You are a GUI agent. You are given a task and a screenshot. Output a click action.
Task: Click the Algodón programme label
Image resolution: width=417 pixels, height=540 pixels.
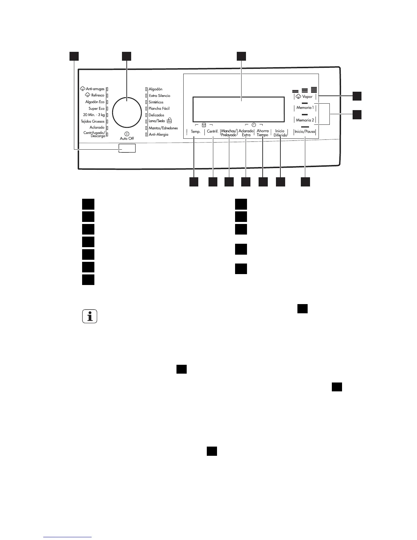click(x=155, y=89)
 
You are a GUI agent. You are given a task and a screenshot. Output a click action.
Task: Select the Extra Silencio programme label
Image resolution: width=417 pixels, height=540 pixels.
click(x=159, y=96)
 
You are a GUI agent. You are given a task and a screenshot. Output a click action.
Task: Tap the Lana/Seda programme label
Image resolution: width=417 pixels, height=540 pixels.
click(x=157, y=121)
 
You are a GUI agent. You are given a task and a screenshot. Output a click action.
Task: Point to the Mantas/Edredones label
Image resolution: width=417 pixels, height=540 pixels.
click(x=163, y=128)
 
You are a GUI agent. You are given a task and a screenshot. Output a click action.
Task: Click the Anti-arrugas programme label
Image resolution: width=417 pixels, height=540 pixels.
click(x=95, y=89)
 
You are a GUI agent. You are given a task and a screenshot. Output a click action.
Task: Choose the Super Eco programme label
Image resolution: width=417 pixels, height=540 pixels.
click(x=96, y=108)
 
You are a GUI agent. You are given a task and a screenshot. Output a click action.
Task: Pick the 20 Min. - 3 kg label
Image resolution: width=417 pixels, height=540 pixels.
click(x=94, y=115)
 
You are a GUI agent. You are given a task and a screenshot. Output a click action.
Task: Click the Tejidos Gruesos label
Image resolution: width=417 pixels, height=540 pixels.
click(x=92, y=121)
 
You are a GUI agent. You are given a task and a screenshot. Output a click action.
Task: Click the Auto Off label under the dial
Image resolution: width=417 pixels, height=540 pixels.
click(x=127, y=138)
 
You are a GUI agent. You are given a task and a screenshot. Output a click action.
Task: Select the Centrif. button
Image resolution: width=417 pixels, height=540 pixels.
click(x=213, y=131)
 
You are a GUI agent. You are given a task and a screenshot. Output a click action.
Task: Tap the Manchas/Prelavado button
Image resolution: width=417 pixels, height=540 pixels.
click(x=229, y=133)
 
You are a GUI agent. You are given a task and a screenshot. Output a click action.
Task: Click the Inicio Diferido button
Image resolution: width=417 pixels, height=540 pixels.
click(x=280, y=133)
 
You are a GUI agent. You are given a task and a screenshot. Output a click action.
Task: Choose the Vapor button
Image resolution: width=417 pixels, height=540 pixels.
click(x=305, y=96)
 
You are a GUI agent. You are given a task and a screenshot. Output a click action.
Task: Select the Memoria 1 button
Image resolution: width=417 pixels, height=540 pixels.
click(x=305, y=108)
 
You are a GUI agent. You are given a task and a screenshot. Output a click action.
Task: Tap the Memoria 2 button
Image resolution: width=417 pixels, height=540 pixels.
click(x=305, y=120)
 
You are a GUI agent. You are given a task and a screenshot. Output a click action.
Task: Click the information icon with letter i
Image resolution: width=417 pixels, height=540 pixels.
click(x=90, y=316)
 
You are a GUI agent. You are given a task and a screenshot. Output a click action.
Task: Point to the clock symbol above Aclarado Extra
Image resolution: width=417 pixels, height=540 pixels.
click(x=254, y=125)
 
